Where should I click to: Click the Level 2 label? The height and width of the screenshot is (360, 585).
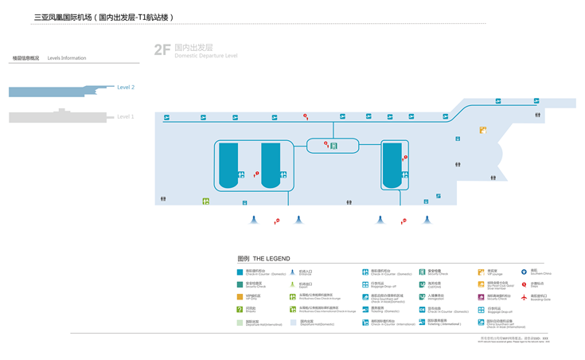[x=126, y=87]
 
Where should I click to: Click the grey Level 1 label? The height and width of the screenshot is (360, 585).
[x=126, y=116]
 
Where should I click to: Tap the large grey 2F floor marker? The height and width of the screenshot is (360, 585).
[x=162, y=49]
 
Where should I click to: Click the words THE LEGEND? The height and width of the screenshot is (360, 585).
[x=271, y=259]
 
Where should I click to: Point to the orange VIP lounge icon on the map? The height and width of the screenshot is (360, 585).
[x=482, y=130]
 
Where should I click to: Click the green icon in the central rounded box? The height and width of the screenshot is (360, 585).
[x=334, y=145]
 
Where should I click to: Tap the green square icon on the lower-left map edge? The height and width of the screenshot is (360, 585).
[x=205, y=202]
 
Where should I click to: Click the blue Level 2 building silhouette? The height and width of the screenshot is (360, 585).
[x=60, y=91]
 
